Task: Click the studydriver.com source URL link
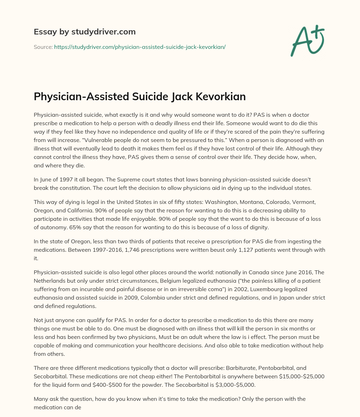(140, 47)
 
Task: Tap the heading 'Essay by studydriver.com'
(84, 32)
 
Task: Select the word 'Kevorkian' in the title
(218, 97)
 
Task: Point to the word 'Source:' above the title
(43, 47)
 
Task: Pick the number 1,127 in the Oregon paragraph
(226, 250)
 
